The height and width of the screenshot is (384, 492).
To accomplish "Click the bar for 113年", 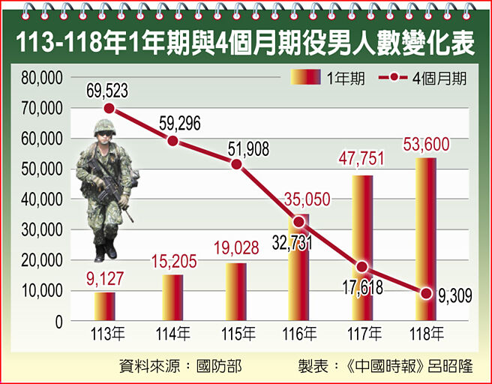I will coord(104,307).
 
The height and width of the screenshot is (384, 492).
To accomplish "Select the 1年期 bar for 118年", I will coord(426,240).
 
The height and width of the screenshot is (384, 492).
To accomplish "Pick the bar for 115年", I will coord(235,292).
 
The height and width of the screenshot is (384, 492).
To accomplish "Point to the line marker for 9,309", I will coord(426,293).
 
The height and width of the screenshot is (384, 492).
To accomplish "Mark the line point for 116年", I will coord(299,222).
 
